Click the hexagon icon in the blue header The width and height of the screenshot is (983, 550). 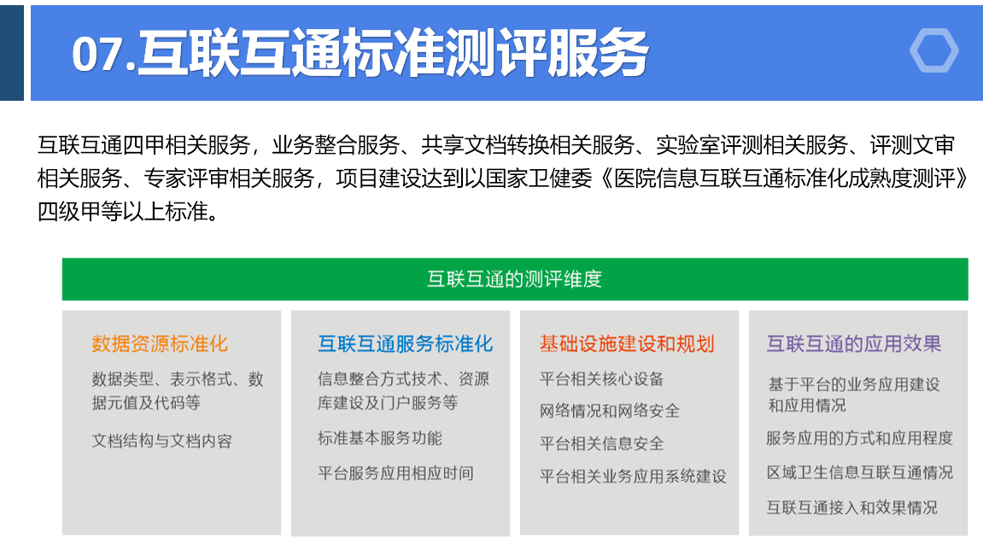coord(934,50)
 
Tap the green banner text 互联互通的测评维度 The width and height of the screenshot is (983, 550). coord(515,279)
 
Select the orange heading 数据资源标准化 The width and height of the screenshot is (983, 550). coord(160,343)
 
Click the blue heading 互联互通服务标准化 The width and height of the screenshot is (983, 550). coord(406,343)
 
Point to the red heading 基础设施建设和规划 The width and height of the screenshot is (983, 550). coord(627,343)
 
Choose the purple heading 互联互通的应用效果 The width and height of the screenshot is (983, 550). coord(854,343)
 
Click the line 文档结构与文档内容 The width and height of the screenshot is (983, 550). coord(161,441)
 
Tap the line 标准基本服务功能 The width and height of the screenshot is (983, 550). coord(380,438)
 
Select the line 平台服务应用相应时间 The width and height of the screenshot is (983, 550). coord(395,473)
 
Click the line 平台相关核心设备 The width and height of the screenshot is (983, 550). coord(602,379)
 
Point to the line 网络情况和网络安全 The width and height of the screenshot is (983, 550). coord(610,411)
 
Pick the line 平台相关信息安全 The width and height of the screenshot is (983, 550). coord(602,443)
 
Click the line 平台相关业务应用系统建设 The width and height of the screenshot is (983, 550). coord(633,477)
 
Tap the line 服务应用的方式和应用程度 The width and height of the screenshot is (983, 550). coord(859,438)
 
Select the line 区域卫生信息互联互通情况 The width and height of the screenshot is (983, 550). coord(859,472)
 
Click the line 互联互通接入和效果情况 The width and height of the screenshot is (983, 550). coord(852,507)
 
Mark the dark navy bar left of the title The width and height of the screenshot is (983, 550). coord(12,53)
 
